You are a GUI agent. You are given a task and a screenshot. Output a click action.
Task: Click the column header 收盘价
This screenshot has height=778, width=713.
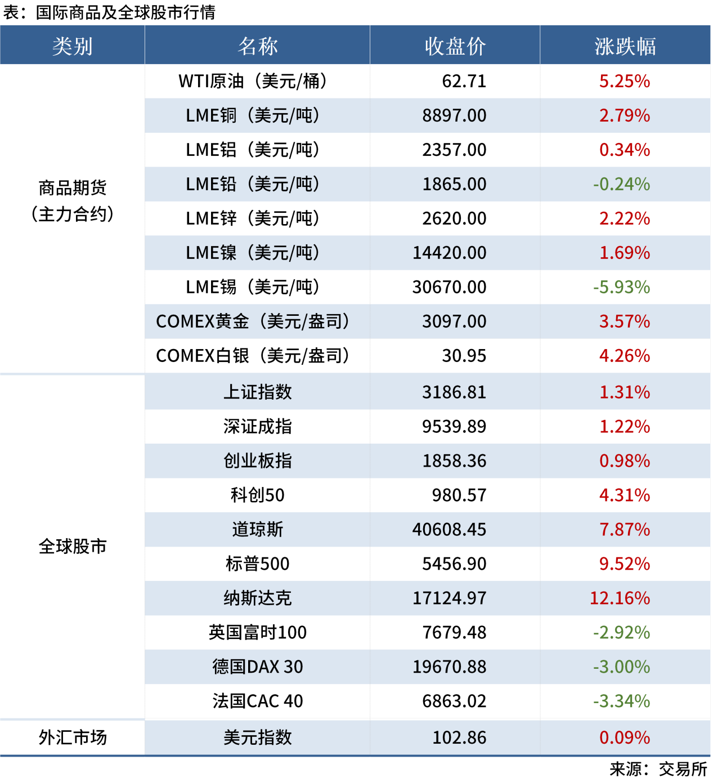point(455,46)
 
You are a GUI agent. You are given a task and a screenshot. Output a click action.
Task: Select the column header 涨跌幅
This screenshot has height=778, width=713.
point(625,46)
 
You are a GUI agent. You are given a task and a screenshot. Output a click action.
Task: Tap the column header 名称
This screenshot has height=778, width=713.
point(257,46)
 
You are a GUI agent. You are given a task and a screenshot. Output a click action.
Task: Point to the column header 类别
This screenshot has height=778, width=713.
point(73,46)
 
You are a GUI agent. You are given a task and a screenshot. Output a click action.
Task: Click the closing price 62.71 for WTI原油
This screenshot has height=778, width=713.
point(464,81)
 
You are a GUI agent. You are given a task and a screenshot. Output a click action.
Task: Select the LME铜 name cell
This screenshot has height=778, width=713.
point(253,115)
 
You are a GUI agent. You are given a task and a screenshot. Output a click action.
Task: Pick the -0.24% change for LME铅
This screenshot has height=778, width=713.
point(621,184)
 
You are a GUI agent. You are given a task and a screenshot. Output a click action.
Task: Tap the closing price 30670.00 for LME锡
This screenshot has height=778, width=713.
point(449,287)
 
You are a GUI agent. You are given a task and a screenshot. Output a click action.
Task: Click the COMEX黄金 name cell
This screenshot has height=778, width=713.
point(253,321)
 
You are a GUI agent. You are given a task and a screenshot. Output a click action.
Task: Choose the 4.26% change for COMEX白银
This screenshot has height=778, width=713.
point(624,356)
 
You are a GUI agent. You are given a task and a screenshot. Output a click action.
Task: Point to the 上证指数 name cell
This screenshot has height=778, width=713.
point(257,392)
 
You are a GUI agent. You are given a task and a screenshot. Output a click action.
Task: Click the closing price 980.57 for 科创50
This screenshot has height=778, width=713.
point(459,495)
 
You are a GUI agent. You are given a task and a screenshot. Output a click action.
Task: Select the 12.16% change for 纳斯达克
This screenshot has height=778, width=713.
point(620,598)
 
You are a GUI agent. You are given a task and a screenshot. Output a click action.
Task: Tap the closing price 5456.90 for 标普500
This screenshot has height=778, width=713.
point(454,564)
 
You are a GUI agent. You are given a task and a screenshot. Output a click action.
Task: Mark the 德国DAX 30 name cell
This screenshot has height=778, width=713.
point(257,667)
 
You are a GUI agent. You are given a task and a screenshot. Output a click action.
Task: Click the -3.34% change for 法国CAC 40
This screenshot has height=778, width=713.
point(621,701)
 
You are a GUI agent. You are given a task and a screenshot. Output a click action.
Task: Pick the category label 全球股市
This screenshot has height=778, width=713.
point(73,546)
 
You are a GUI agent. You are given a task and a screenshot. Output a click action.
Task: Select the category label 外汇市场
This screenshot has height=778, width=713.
point(73,737)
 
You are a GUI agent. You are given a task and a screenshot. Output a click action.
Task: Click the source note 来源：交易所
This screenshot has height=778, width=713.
point(658,769)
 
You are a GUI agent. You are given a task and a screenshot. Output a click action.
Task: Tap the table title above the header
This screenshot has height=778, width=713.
point(109,12)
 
